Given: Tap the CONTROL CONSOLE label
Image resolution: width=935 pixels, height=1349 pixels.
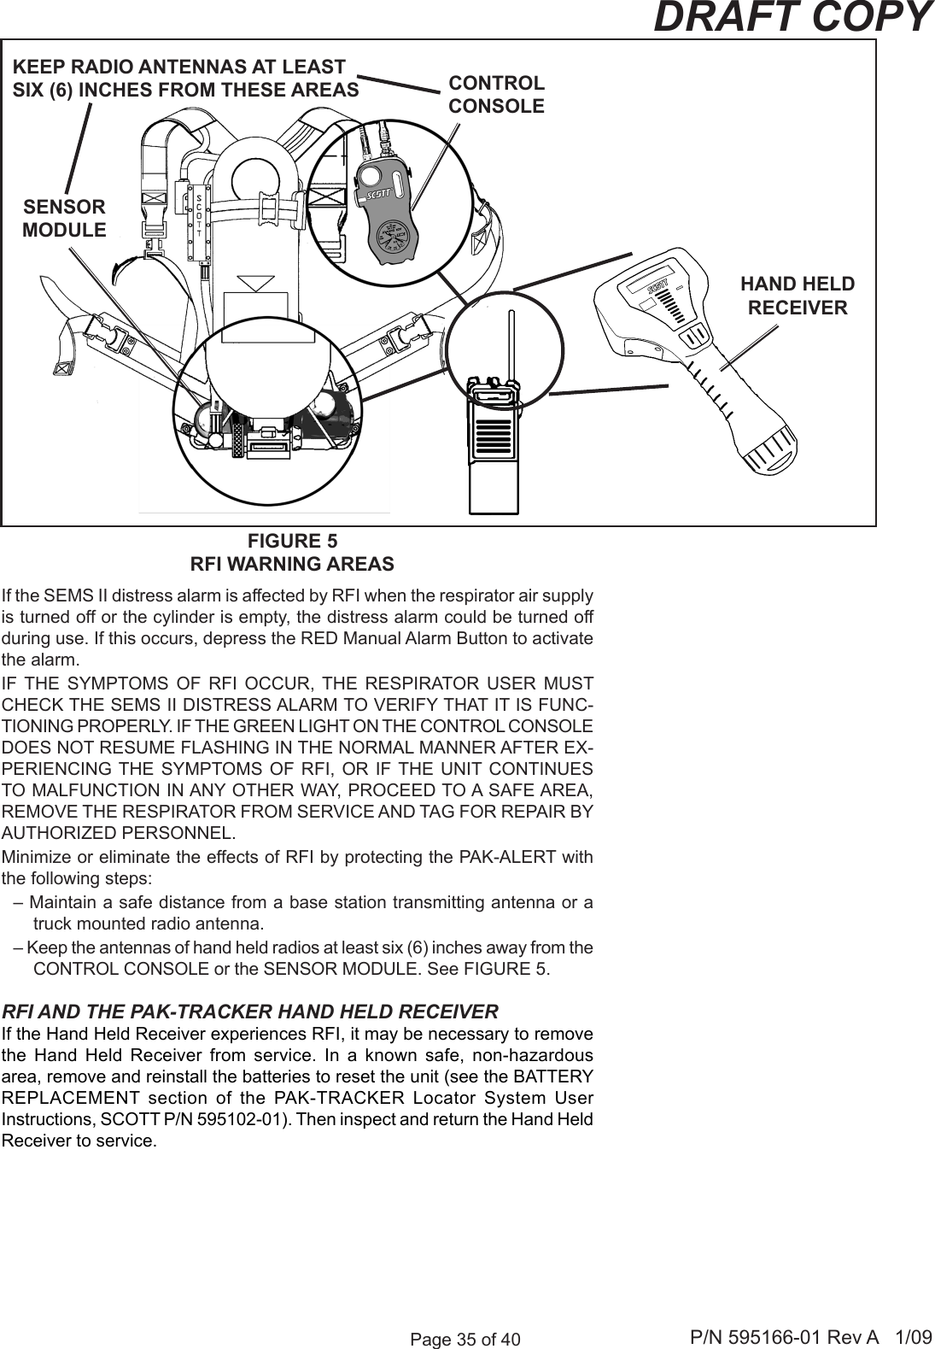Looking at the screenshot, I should [496, 95].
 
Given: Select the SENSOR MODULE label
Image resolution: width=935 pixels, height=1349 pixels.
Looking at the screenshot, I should [65, 219].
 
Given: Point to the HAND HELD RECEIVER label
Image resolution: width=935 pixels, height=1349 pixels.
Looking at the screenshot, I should [798, 296].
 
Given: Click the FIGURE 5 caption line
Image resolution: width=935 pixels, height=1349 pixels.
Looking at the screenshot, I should [292, 542].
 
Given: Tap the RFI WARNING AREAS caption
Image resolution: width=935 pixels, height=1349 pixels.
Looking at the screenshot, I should [292, 565].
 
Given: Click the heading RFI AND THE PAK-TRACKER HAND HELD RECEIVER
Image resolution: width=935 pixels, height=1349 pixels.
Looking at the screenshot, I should [251, 1012].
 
